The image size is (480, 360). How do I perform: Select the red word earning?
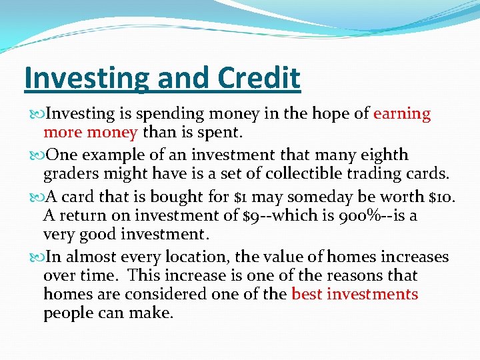click(x=402, y=114)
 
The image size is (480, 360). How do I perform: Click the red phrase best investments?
click(x=355, y=294)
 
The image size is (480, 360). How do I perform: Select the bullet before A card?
click(x=37, y=197)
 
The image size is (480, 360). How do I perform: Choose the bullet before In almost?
click(x=37, y=257)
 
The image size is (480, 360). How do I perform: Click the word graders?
click(x=69, y=173)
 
